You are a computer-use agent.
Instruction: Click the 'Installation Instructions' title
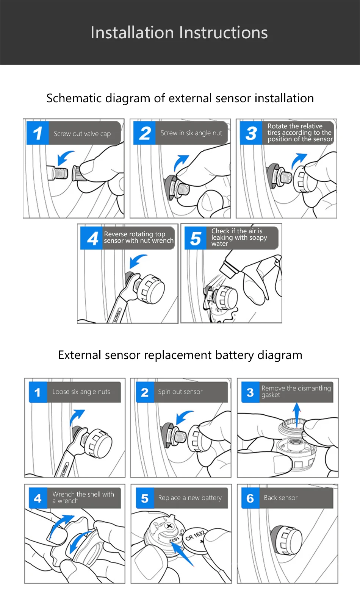click(x=179, y=33)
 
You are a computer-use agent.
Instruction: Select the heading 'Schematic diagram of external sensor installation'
click(x=180, y=98)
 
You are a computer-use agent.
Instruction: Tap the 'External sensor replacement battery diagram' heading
click(x=180, y=355)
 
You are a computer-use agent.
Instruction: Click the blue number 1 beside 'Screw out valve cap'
click(x=38, y=133)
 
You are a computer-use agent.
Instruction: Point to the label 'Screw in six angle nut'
click(x=191, y=133)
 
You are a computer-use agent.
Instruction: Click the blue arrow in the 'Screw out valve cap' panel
click(x=65, y=157)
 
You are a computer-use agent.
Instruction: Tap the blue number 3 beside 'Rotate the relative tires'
click(x=251, y=133)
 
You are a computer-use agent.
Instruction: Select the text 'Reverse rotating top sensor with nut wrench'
click(x=138, y=237)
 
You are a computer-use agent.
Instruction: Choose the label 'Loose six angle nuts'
click(x=81, y=392)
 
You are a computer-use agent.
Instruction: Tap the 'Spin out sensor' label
click(x=180, y=392)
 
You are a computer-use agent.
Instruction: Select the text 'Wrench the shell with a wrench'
click(x=83, y=497)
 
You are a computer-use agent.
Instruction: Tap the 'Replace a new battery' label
click(x=190, y=498)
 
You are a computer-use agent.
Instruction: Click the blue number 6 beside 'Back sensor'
click(x=250, y=498)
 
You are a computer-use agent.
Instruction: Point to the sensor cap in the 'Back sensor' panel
click(x=287, y=541)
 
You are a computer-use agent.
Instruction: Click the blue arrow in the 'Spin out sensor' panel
click(x=184, y=417)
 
